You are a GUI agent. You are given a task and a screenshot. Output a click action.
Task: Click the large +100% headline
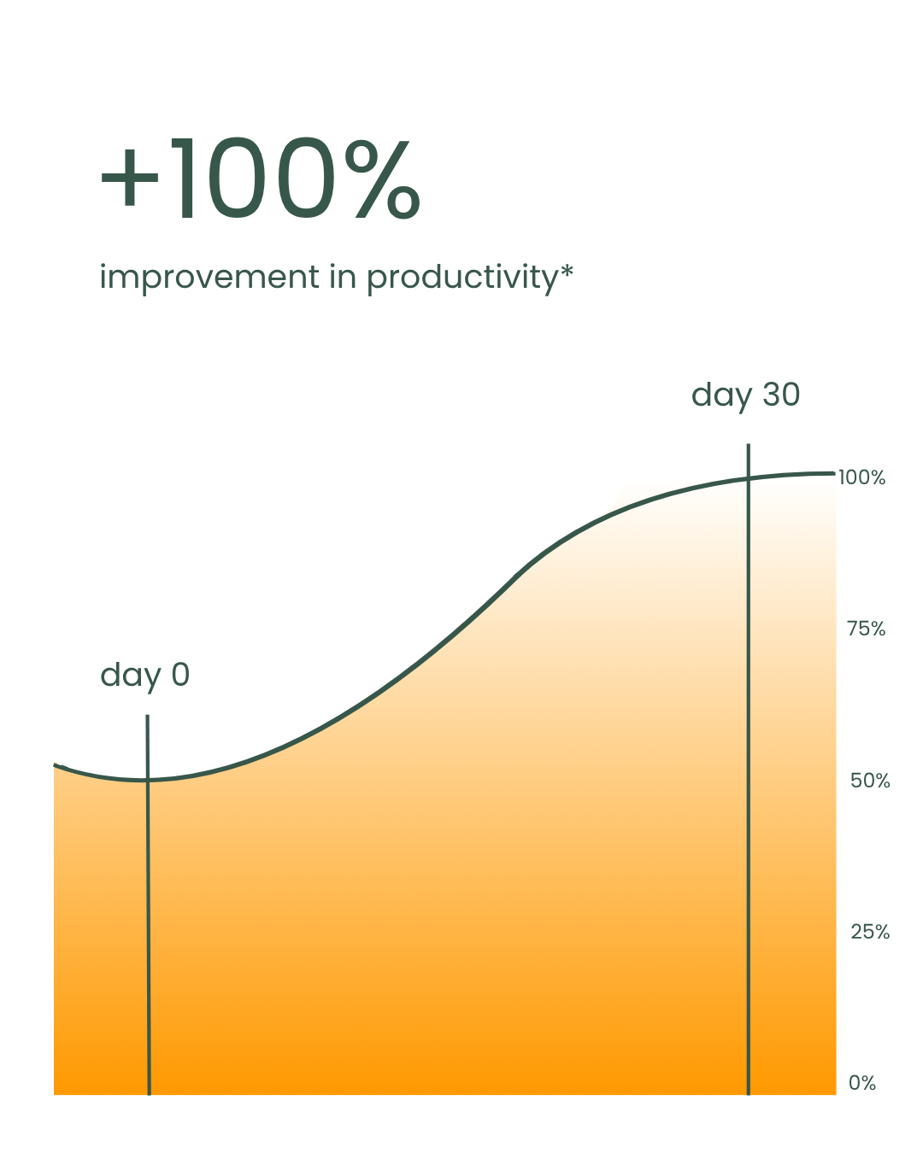point(260,178)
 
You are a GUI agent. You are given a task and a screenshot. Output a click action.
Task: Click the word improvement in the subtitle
point(209,278)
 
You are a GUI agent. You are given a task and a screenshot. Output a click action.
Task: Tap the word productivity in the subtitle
point(463,278)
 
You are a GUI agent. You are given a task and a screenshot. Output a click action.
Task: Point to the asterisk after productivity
point(567,270)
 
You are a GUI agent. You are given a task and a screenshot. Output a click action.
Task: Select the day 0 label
point(144,676)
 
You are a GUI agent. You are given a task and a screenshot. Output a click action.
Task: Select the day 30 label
point(745,395)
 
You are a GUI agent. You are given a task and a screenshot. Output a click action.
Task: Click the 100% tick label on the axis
point(861,477)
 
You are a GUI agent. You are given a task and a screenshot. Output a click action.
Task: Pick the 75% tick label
point(866,629)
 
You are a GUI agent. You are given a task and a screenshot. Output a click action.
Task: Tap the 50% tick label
point(870,781)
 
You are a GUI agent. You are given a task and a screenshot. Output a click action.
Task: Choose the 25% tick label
point(870,933)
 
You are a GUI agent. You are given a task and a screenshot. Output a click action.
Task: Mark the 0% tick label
point(861,1083)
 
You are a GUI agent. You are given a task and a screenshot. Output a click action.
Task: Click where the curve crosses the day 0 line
point(148,780)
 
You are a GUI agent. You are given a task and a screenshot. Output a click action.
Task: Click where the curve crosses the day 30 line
point(748,478)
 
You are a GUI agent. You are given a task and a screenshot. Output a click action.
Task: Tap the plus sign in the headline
point(129,178)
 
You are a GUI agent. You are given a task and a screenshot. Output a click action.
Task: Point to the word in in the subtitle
point(343,277)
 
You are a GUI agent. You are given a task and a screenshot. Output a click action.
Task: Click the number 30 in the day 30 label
point(781,394)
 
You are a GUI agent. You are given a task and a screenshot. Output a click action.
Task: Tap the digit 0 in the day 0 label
point(180,674)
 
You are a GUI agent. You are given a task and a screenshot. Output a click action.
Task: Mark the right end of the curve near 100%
point(833,474)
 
